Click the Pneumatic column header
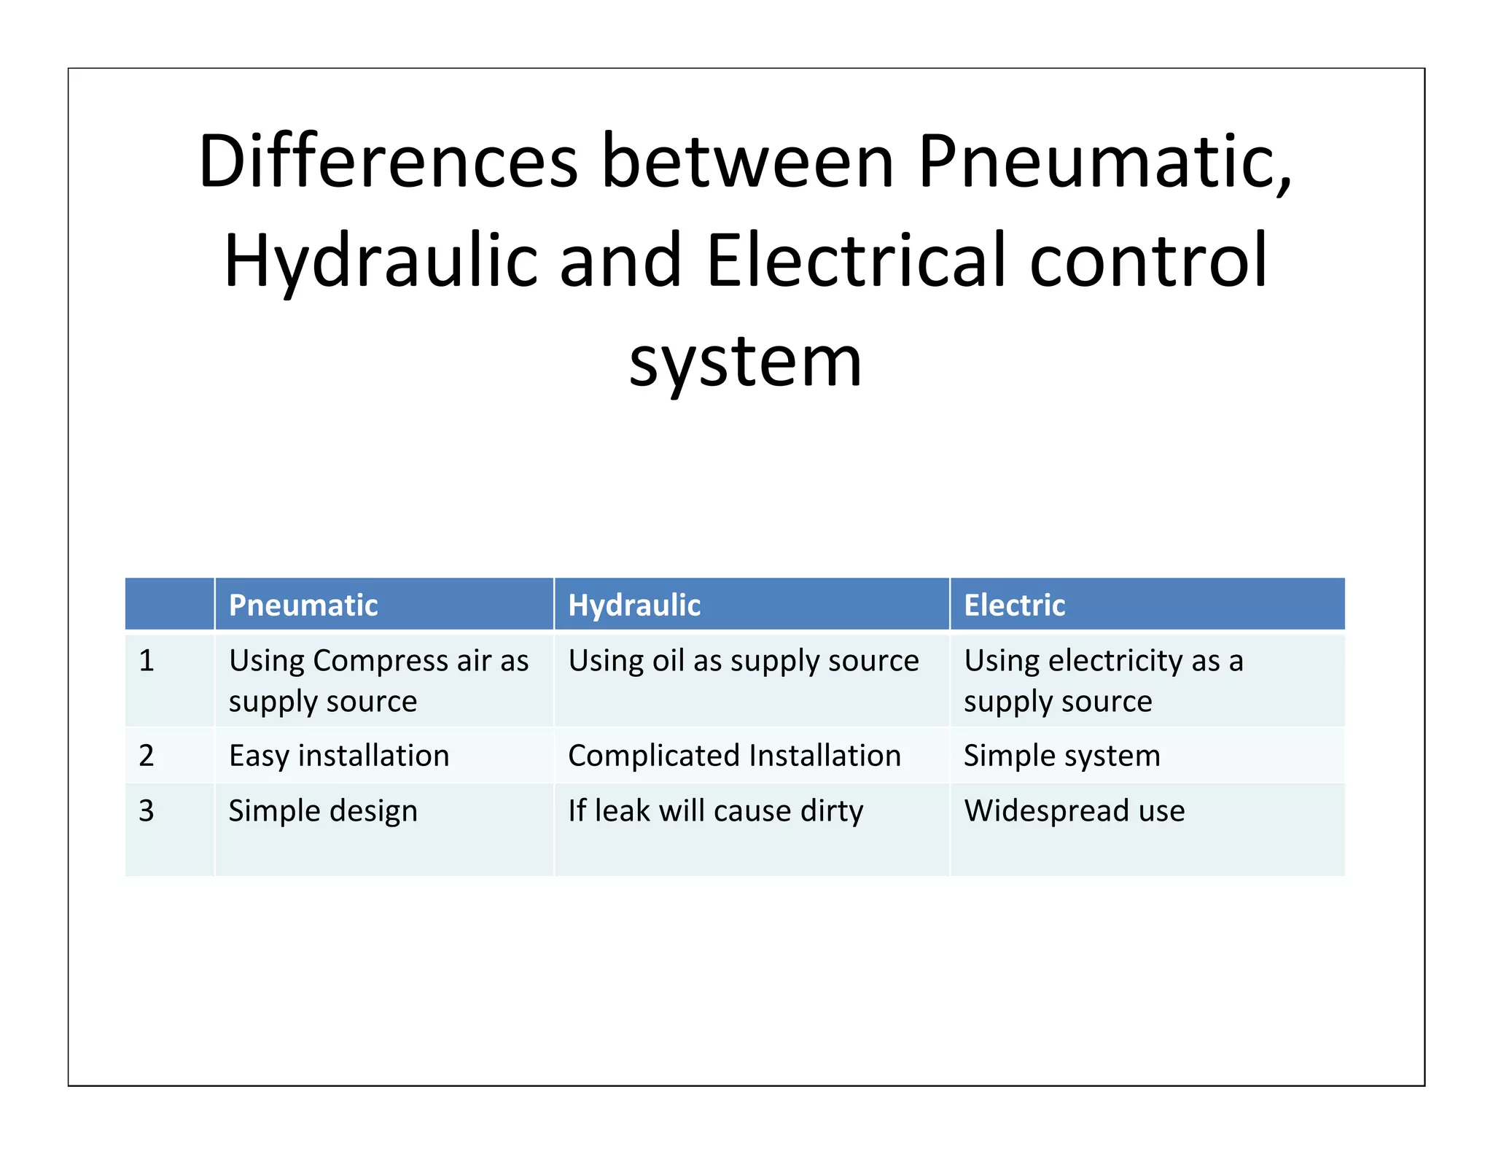(x=303, y=605)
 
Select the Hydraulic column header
(x=634, y=605)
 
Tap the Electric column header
(x=1014, y=605)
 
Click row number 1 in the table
(x=147, y=660)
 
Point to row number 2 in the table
(x=147, y=755)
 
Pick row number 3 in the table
(x=147, y=810)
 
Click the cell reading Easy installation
(x=339, y=755)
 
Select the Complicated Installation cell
(x=734, y=755)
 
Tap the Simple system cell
(x=1061, y=755)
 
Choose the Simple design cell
(x=323, y=810)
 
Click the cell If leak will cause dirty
(x=715, y=810)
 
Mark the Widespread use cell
(x=1074, y=810)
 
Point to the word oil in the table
(x=668, y=660)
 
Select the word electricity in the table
(x=1115, y=661)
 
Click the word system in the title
(x=746, y=361)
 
